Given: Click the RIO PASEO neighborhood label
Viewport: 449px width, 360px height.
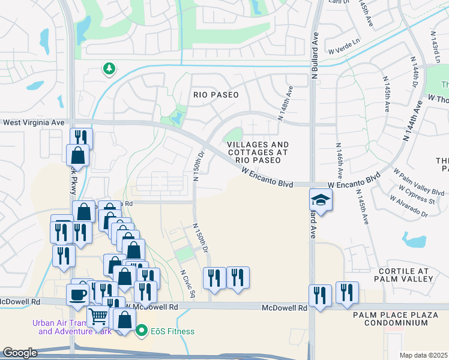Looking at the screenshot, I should click(216, 95).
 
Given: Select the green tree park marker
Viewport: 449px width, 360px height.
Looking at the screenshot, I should click(109, 69).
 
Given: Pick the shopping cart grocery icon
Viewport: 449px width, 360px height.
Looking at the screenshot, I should click(98, 316).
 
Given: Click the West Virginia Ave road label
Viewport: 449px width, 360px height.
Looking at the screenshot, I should click(34, 122).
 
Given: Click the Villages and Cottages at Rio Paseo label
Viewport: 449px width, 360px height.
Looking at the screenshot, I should click(258, 152).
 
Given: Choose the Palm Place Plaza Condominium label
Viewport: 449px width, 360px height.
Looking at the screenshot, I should click(399, 319).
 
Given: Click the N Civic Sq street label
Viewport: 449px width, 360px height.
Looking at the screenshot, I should click(188, 281).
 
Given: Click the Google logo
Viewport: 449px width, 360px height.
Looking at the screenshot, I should click(20, 353).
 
